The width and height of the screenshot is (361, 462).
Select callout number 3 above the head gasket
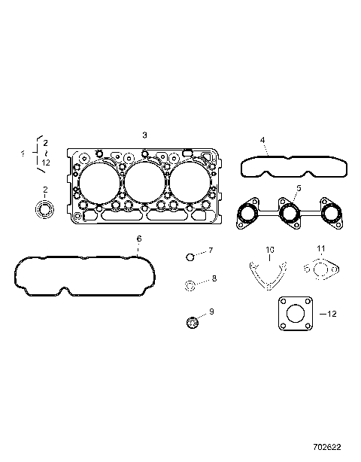tap(144, 134)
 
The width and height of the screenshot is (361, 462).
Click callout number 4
tap(262, 140)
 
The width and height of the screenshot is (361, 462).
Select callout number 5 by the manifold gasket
tap(298, 187)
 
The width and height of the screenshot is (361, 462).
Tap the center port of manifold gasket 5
tap(289, 215)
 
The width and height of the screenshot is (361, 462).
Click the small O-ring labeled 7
tap(191, 257)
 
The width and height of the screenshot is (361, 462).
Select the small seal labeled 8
tap(191, 285)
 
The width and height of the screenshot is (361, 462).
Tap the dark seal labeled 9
tap(192, 323)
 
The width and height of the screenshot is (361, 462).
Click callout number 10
tap(270, 249)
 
